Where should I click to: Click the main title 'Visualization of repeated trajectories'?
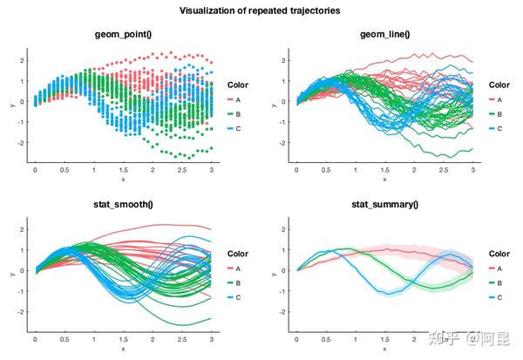coord(260,10)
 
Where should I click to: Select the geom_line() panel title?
coord(384,34)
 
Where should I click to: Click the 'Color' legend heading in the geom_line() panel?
coord(499,85)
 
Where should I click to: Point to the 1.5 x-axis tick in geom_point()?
coord(123,170)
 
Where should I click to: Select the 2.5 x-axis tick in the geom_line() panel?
coord(444,170)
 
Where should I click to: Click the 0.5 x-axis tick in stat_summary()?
coord(326,340)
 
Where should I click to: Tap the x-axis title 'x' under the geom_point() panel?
coord(123,180)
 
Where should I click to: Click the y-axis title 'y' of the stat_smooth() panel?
coord(10,273)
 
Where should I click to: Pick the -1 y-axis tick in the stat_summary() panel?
coord(284,290)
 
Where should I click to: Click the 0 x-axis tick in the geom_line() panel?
coord(296,170)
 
